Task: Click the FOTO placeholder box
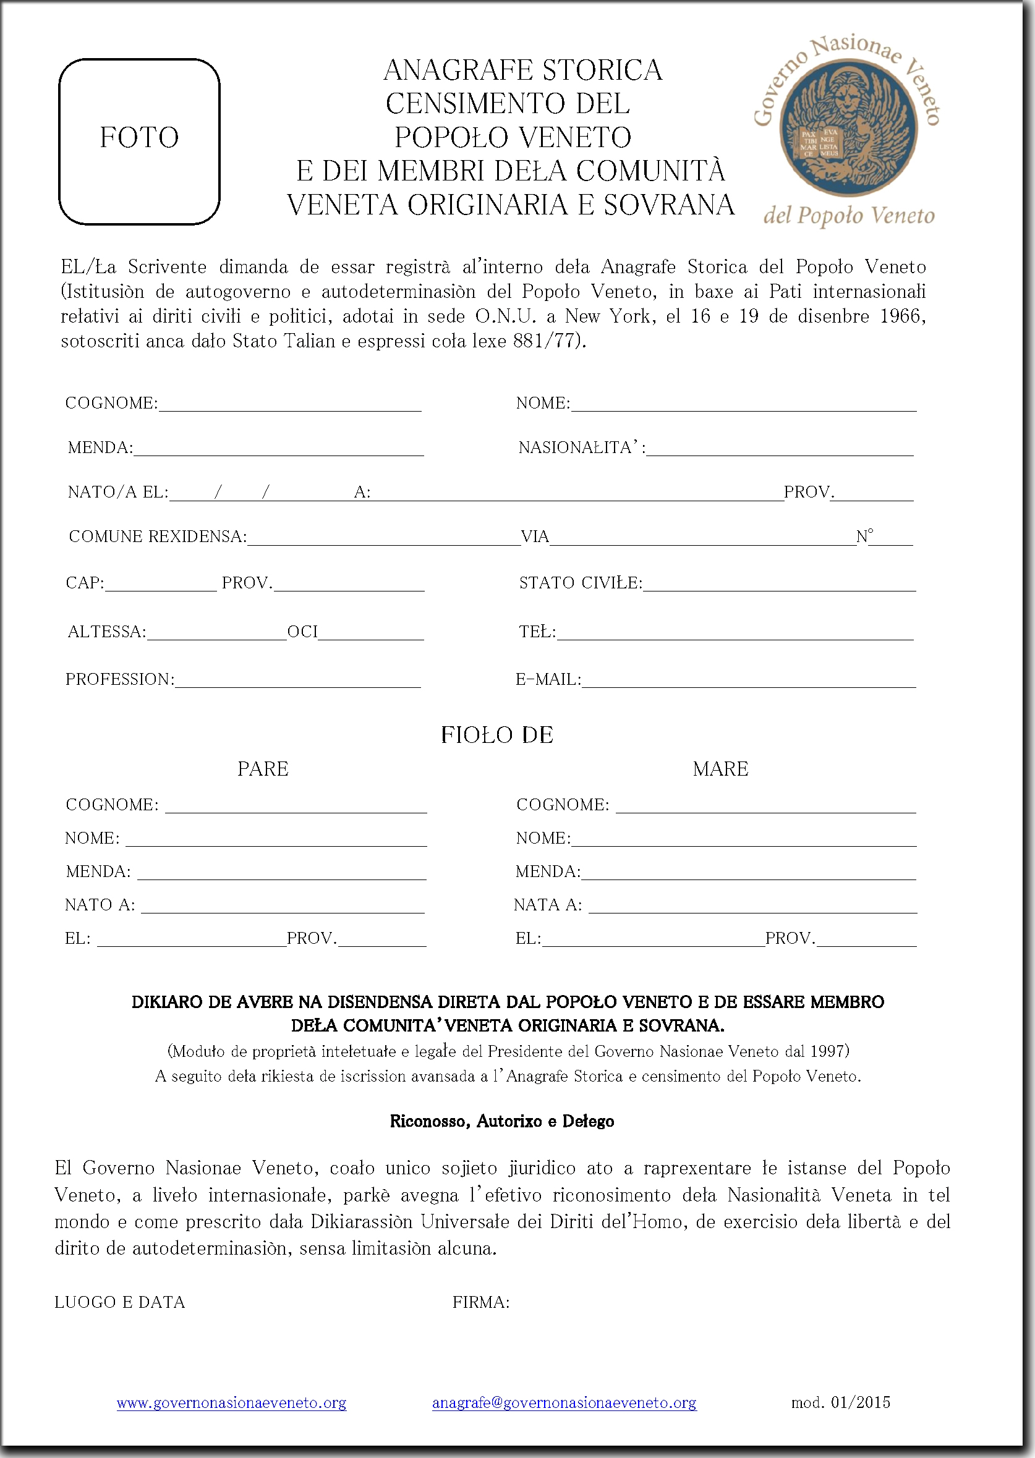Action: [x=139, y=142]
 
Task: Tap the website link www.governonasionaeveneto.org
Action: [x=231, y=1402]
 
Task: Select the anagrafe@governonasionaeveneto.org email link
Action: [x=564, y=1402]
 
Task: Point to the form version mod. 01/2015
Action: [x=841, y=1401]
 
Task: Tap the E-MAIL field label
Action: [x=548, y=680]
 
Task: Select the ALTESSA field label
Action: [x=107, y=632]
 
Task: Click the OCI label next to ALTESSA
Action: [x=302, y=632]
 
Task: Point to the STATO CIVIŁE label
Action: [x=581, y=583]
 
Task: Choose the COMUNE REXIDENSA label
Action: [x=158, y=536]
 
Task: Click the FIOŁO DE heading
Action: [x=497, y=735]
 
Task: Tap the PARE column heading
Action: [x=263, y=769]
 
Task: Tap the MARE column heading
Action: [x=720, y=769]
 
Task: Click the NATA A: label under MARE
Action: [x=547, y=905]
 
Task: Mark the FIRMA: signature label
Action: [x=480, y=1303]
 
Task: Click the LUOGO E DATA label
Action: [x=120, y=1303]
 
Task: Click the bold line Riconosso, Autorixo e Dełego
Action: [x=501, y=1122]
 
